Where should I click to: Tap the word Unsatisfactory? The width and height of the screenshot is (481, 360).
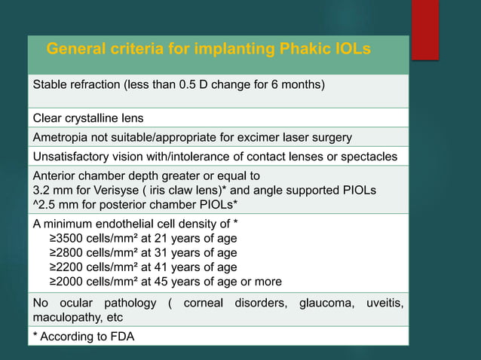point(72,156)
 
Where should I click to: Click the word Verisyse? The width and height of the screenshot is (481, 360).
point(113,188)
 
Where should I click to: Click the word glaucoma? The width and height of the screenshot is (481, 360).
point(327,303)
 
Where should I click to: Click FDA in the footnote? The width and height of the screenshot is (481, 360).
point(121,337)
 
